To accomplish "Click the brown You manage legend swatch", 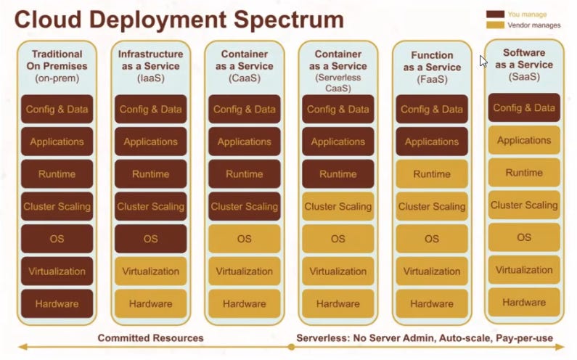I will pos(495,14).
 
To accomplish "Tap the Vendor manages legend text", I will pos(533,25).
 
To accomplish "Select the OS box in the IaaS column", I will pos(150,239).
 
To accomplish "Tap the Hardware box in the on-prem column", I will pos(57,303).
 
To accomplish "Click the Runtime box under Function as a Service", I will pos(432,174).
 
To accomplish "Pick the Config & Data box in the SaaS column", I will pos(524,108).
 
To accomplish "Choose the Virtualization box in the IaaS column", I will pos(150,271).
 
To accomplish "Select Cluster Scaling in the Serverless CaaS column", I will pos(337,207).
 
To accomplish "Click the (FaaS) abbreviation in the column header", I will pos(431,80).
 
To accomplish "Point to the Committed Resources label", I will pos(150,337).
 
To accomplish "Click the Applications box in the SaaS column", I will pos(524,141).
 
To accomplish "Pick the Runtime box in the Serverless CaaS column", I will pos(337,174).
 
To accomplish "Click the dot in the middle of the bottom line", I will pos(290,348).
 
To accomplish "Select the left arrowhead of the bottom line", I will pos(22,348).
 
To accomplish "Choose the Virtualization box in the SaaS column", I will pos(524,270).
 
